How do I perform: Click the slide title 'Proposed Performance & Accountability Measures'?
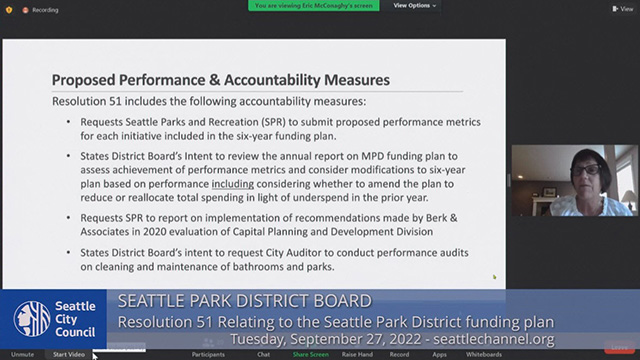coord(220,80)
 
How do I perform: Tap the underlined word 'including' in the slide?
coord(233,184)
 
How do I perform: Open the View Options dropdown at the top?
coord(415,6)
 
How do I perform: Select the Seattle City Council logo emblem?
coord(32,318)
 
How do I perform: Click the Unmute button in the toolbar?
coord(22,354)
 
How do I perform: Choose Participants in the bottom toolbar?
coord(208,354)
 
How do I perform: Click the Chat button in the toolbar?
coord(263,354)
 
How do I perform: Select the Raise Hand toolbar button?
coord(357,354)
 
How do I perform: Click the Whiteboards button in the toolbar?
coord(484,354)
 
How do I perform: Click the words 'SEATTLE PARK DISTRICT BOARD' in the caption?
coord(244,301)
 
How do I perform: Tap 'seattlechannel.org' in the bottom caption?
coord(501,339)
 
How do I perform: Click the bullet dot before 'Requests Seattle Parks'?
coord(71,122)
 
